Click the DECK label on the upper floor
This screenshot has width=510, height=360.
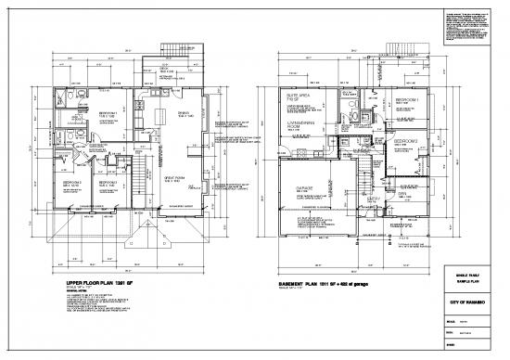[x=163, y=68]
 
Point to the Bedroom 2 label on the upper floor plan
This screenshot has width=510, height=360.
[x=75, y=184]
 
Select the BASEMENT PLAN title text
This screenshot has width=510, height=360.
[x=319, y=283]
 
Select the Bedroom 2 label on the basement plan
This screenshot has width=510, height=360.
[x=410, y=143]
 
